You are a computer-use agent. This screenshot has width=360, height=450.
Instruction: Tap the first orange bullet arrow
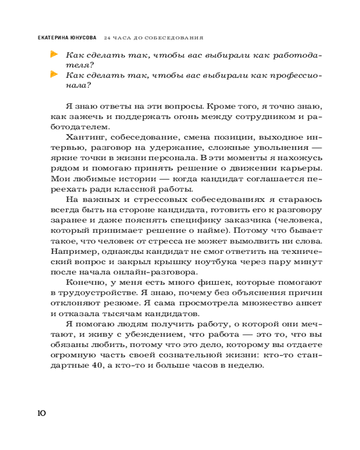coord(54,55)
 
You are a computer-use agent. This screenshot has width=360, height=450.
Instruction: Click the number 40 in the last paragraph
coord(96,366)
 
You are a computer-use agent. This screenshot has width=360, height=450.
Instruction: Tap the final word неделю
coord(243,366)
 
